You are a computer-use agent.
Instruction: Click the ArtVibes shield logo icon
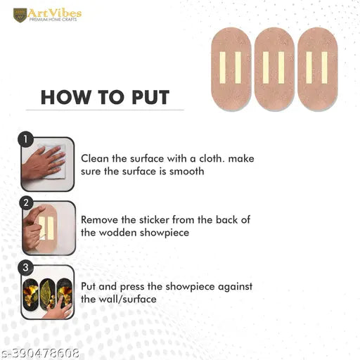click(x=20, y=15)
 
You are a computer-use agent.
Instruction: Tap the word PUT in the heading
click(x=150, y=97)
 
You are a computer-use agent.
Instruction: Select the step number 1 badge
click(x=25, y=139)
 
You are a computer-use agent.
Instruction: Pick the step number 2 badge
click(x=26, y=203)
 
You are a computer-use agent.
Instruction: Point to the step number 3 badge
click(x=25, y=267)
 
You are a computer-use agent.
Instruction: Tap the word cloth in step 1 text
click(x=210, y=159)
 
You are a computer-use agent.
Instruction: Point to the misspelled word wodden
click(x=117, y=233)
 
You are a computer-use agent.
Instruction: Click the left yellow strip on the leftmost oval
click(x=222, y=67)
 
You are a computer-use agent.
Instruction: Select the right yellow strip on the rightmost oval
click(x=324, y=67)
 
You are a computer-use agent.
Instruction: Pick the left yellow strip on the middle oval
click(x=266, y=67)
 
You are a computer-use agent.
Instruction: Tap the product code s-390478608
click(x=39, y=353)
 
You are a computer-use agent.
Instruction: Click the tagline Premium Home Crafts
click(x=53, y=20)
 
